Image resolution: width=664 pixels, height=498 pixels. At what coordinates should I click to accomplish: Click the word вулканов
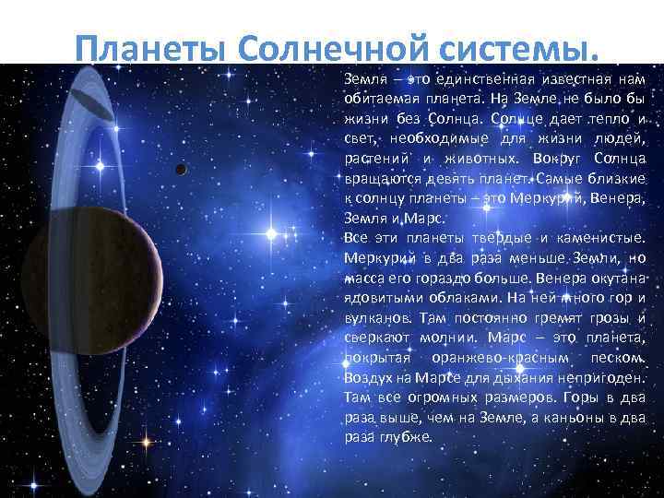(x=373, y=315)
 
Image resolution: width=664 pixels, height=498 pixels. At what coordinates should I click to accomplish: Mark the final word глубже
(x=406, y=436)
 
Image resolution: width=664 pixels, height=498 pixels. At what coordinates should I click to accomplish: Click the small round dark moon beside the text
(x=181, y=169)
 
